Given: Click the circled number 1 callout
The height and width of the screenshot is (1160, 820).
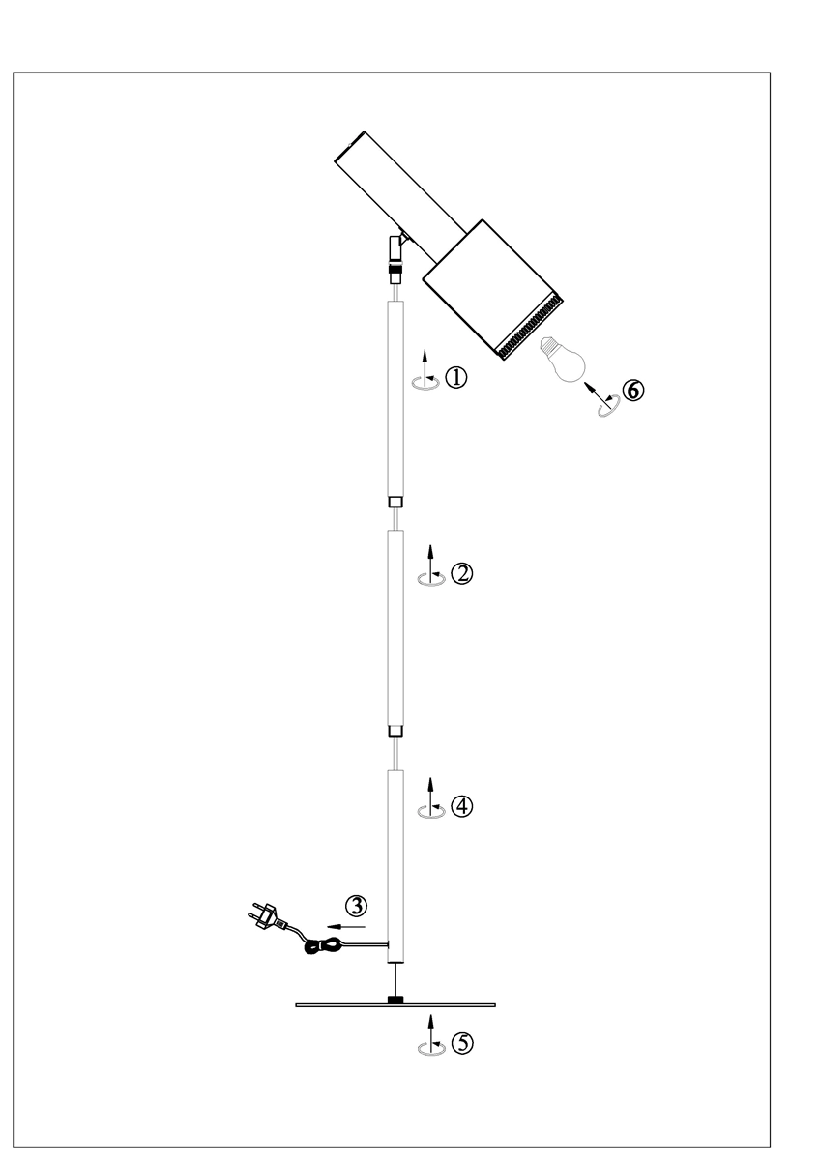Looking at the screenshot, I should (x=456, y=378).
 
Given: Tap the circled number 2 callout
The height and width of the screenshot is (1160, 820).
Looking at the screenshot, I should (x=462, y=574).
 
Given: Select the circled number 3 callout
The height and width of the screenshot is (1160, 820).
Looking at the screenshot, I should (x=357, y=906).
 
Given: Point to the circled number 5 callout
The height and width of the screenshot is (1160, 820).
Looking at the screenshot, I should (x=463, y=1044).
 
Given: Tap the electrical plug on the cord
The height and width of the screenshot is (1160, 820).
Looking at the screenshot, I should (x=266, y=914).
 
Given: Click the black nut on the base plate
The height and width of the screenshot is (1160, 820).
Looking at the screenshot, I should (x=395, y=999).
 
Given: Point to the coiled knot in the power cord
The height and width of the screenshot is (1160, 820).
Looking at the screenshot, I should (x=318, y=948).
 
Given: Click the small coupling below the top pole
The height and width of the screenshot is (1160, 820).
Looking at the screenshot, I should (x=395, y=502).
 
